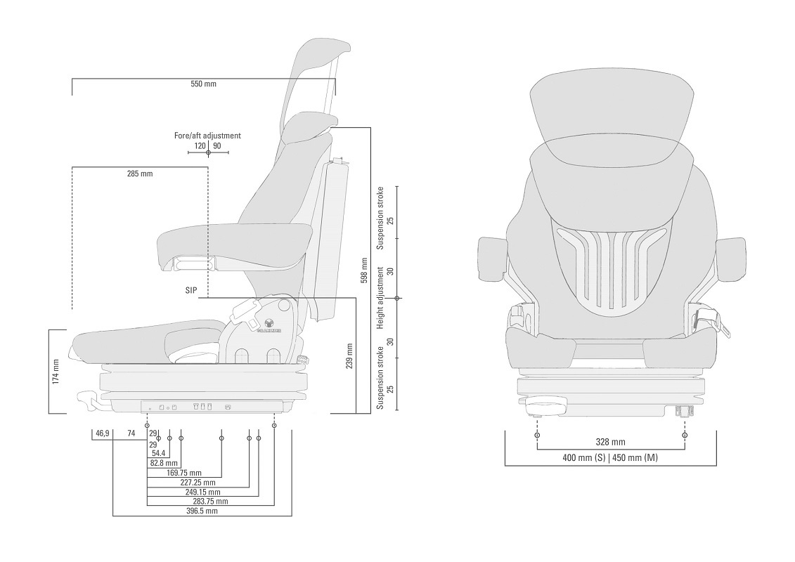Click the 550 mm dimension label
pyautogui.click(x=204, y=84)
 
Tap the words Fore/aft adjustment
pyautogui.click(x=207, y=136)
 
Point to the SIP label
pyautogui.click(x=191, y=289)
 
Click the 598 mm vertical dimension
pyautogui.click(x=364, y=270)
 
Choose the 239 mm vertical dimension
pyautogui.click(x=349, y=356)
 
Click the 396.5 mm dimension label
pyautogui.click(x=202, y=511)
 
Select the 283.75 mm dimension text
pyautogui.click(x=211, y=502)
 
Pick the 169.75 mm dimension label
pyautogui.click(x=184, y=473)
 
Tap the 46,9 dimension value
pyautogui.click(x=102, y=433)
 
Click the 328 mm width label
pyautogui.click(x=610, y=443)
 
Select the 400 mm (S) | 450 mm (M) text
pyautogui.click(x=610, y=458)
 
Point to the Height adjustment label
pyautogui.click(x=380, y=298)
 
